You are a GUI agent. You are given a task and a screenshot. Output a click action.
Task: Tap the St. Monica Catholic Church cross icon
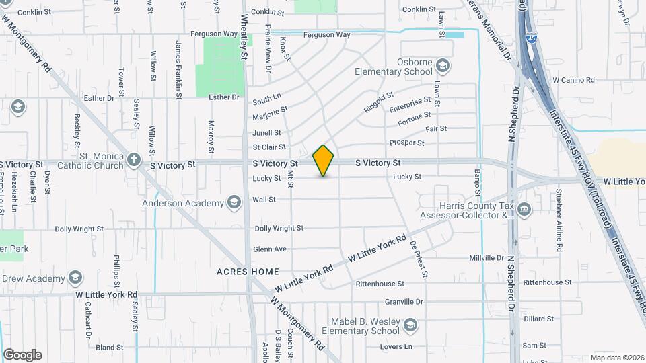(134, 160)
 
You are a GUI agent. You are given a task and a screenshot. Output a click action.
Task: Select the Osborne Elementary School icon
(443, 66)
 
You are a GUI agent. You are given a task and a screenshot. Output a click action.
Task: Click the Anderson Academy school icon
(234, 203)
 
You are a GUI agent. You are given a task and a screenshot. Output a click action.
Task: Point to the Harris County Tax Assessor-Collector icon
(524, 211)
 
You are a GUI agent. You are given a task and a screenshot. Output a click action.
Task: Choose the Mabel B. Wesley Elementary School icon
(410, 326)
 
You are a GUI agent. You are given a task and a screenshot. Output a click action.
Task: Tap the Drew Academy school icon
(75, 278)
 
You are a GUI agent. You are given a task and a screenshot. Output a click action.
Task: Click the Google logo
(22, 355)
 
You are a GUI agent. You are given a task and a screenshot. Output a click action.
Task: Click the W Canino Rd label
(573, 80)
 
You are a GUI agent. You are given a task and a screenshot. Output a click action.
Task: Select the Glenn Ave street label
(270, 249)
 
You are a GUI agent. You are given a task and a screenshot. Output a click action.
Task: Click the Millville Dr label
(486, 257)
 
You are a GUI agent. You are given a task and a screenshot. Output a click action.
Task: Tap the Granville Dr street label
(404, 302)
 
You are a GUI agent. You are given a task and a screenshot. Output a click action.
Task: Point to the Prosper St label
(406, 143)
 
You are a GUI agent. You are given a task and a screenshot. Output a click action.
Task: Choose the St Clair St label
(269, 147)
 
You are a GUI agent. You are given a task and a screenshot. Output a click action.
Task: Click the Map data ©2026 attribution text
(616, 358)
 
